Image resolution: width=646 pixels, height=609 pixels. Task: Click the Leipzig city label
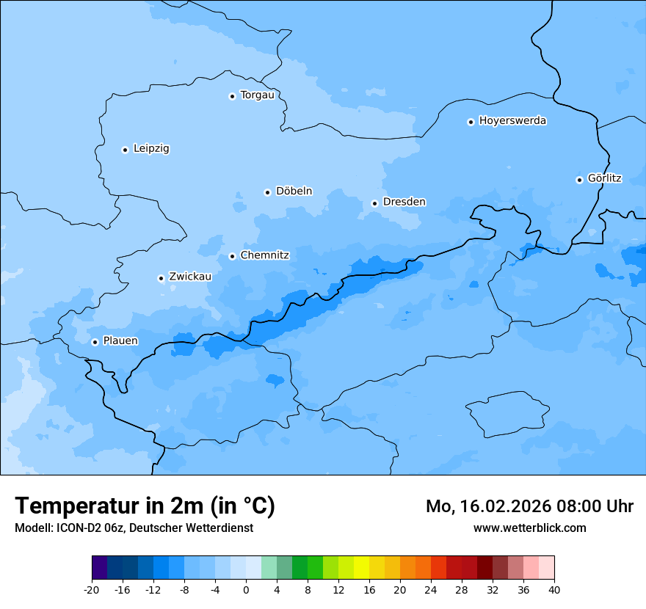coord(151,148)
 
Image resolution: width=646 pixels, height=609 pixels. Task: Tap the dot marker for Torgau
coord(232,96)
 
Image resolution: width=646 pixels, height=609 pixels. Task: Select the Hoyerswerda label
coord(512,120)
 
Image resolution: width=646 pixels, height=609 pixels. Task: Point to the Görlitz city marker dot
coord(579,180)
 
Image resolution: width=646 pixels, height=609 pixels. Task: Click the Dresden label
coord(404,202)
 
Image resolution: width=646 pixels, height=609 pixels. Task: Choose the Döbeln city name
coord(294,191)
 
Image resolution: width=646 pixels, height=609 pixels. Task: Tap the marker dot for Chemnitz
coord(232,256)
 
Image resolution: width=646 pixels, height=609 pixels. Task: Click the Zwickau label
coord(190,277)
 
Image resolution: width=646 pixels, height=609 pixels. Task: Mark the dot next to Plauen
coord(95,342)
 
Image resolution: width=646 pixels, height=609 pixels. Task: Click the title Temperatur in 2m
coord(145,506)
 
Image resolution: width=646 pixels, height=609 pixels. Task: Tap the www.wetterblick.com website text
coord(529,528)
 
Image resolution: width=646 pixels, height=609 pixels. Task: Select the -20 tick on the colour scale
coord(92,590)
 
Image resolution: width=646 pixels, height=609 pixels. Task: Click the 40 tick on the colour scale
coord(554,590)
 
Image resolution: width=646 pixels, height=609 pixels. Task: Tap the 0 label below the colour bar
coord(246,590)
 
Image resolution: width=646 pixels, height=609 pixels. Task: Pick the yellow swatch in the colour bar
coord(361,568)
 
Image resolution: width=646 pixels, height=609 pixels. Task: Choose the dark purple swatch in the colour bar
coord(99,568)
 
